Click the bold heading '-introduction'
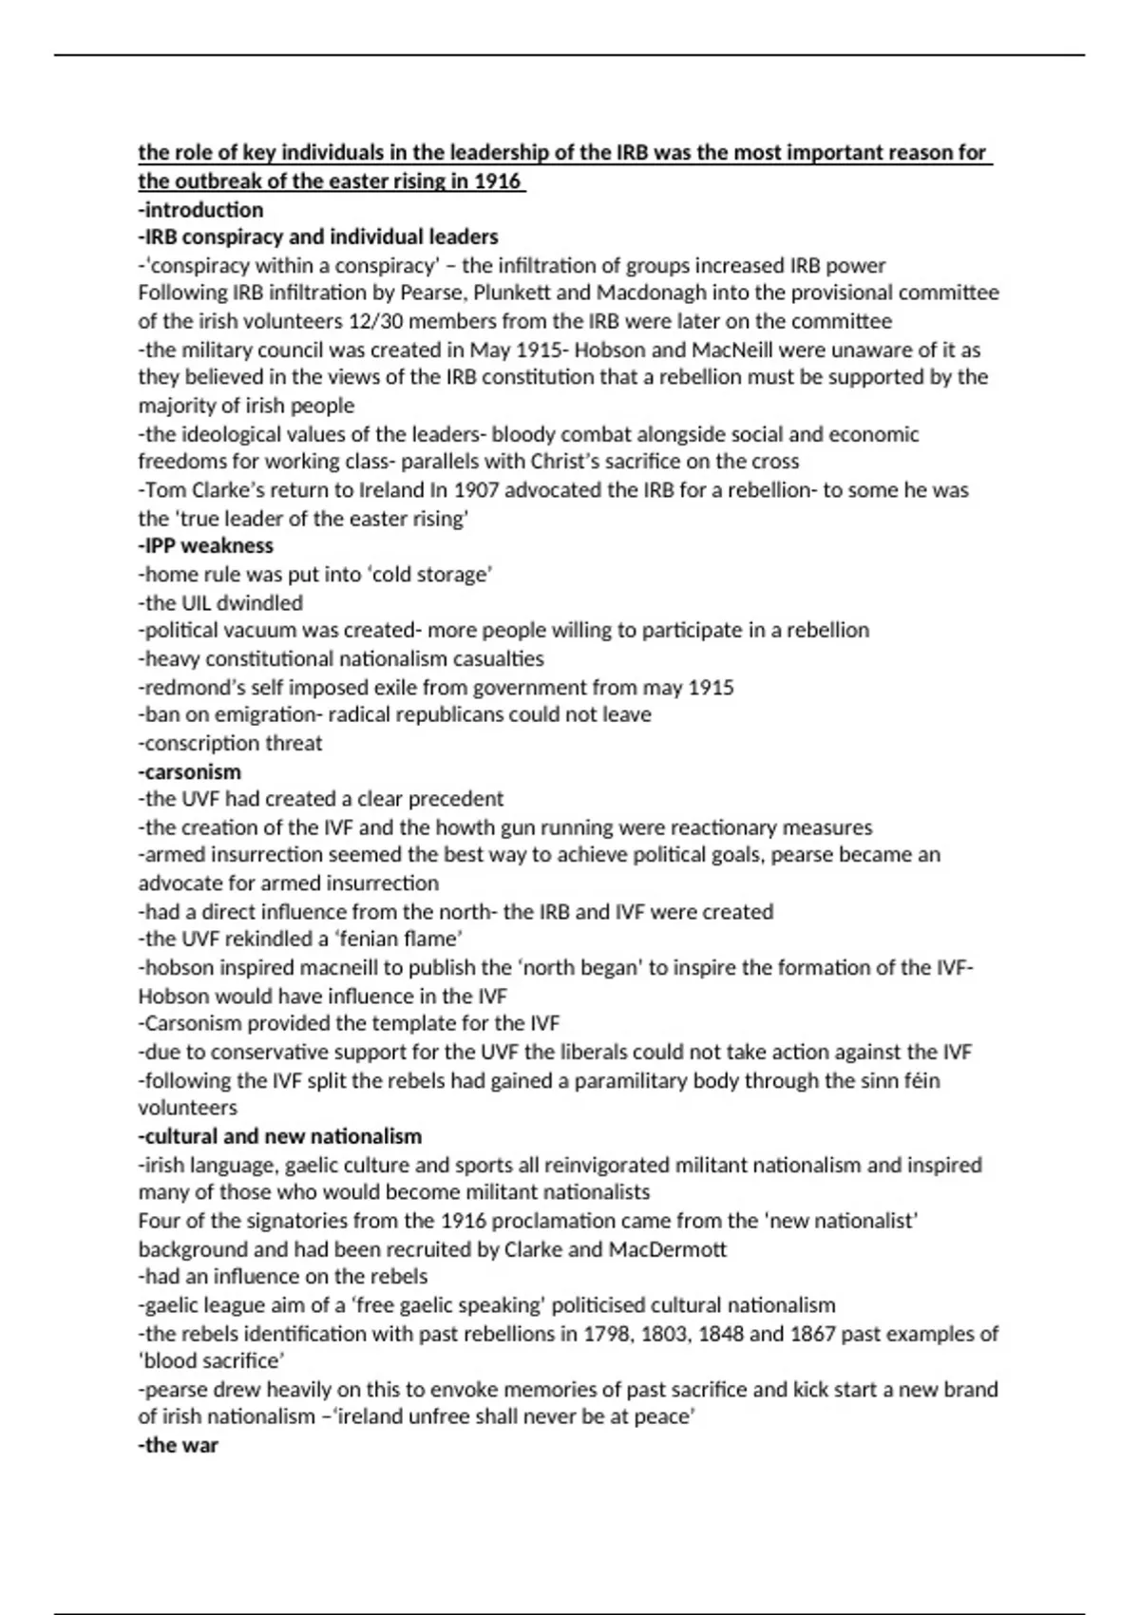[200, 210]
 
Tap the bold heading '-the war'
[178, 1445]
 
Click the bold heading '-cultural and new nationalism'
[280, 1136]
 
